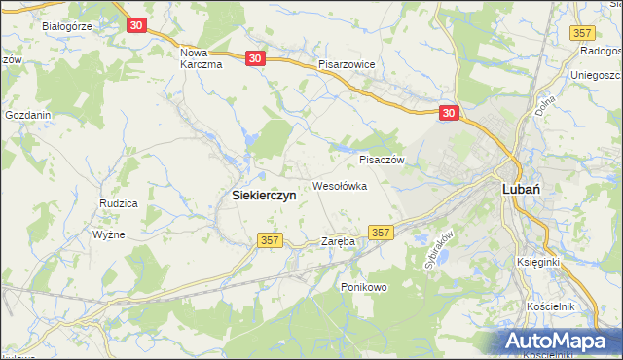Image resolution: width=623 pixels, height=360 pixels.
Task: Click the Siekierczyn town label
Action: pos(264,195)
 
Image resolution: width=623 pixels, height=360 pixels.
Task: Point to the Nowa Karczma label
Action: pos(202,57)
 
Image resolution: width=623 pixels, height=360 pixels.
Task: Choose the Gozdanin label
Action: pos(27,115)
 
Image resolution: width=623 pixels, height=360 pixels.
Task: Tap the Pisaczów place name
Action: pos(382,160)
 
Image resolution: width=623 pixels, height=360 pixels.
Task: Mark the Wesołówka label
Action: pos(339,186)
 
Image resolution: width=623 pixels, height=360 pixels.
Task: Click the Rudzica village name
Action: pos(118,203)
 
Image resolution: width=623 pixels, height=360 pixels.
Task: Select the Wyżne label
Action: pos(108,235)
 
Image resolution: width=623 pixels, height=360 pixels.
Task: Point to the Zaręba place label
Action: pos(338,241)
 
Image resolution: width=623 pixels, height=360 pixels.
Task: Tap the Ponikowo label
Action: pos(363,287)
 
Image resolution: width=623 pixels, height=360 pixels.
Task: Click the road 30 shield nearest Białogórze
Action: pos(136,24)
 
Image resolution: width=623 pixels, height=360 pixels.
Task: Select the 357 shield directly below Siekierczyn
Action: pos(270,239)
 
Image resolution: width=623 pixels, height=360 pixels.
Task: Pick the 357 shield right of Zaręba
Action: pos(382,233)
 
